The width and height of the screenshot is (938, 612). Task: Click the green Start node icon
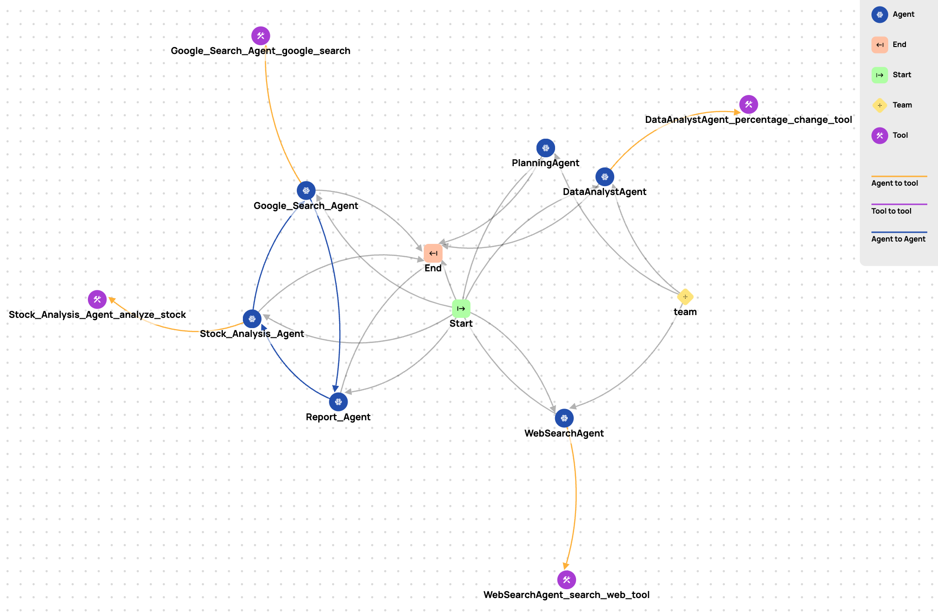point(461,309)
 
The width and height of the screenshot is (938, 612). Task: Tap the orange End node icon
point(433,253)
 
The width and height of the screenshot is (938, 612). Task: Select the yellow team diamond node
point(685,296)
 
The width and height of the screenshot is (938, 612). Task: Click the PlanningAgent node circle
point(545,148)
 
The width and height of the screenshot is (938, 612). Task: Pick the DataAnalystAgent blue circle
point(604,177)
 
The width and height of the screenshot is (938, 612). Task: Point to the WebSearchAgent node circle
point(564,418)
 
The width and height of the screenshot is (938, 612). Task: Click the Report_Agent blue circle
point(338,402)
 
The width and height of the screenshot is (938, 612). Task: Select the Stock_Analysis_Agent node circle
point(252,319)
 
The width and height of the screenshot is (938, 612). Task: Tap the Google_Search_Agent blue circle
point(306,190)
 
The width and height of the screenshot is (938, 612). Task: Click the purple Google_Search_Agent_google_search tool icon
point(261,35)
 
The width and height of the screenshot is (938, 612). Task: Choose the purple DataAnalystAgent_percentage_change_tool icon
point(748,104)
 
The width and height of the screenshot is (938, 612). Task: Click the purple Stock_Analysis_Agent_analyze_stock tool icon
point(97,299)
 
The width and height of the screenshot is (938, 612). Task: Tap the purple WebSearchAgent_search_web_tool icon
point(566,579)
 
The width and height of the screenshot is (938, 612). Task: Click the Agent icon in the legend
point(879,14)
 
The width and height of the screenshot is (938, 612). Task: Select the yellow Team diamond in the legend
point(879,105)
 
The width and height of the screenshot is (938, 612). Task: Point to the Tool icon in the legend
point(879,135)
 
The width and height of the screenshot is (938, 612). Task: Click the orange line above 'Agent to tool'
point(899,176)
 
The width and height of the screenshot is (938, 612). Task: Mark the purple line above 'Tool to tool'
point(899,204)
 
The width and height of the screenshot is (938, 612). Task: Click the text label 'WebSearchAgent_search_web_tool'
point(566,595)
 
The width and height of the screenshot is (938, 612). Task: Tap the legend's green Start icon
point(879,75)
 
